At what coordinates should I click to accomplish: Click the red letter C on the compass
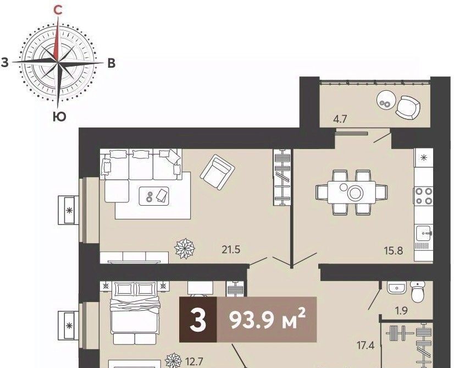click(x=58, y=10)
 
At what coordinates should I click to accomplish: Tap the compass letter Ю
click(x=59, y=117)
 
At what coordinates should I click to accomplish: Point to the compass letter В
click(x=112, y=63)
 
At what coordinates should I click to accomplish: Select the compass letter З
click(x=4, y=63)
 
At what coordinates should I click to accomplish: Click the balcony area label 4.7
click(x=340, y=119)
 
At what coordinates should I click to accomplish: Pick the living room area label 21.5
click(x=231, y=250)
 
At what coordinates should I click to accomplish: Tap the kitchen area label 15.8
click(x=394, y=250)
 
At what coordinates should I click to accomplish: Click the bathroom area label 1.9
click(x=401, y=311)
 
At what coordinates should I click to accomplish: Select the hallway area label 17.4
click(x=366, y=345)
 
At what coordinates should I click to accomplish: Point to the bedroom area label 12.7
click(x=194, y=361)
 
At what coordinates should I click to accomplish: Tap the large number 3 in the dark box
click(x=198, y=320)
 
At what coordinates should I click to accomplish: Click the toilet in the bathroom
click(x=418, y=292)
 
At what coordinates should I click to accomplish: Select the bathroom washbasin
click(x=397, y=288)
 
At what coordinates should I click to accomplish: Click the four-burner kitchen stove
click(x=424, y=196)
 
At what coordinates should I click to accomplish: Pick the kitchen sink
click(x=424, y=234)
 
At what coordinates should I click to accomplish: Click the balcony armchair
click(x=408, y=107)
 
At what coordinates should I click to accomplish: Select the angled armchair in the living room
click(x=217, y=172)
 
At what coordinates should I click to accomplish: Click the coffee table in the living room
click(x=154, y=196)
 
